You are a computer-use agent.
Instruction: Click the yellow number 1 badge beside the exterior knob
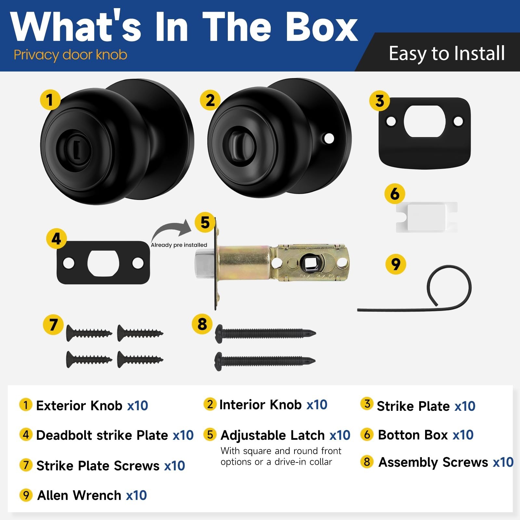click(x=50, y=100)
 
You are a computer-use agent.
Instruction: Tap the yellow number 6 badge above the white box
click(x=395, y=194)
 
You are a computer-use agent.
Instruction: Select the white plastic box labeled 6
click(x=426, y=217)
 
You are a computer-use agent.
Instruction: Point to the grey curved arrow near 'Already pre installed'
click(x=169, y=227)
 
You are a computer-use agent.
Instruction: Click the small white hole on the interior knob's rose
click(x=329, y=139)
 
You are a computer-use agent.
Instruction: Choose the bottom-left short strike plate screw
click(x=89, y=359)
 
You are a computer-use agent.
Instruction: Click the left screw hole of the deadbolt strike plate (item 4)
click(x=69, y=263)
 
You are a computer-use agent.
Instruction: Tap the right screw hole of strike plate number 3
click(x=458, y=122)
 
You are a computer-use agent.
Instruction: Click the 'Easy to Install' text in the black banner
click(x=447, y=54)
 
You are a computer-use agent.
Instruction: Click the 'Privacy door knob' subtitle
click(x=70, y=55)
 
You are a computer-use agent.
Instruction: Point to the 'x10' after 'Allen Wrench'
click(x=136, y=495)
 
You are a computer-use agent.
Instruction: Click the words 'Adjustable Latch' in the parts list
click(x=273, y=435)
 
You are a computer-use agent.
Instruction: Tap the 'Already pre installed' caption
click(x=179, y=245)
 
